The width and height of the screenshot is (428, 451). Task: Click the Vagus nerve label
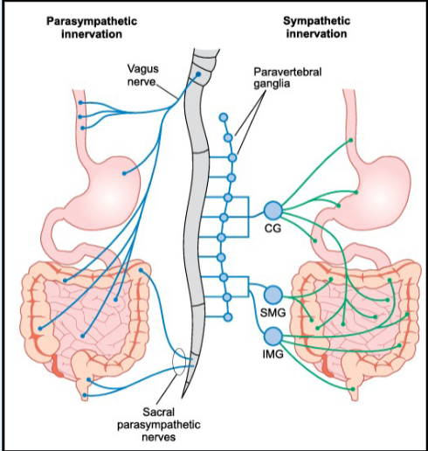143,75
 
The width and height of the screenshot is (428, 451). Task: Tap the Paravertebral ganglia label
287,78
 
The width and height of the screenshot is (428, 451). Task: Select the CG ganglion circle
273,211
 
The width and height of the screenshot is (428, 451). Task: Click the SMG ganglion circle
273,295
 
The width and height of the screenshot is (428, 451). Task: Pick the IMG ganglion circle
273,336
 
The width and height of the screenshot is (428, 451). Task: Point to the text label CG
273,228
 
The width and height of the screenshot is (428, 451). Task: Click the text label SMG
273,313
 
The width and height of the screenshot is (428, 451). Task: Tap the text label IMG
273,354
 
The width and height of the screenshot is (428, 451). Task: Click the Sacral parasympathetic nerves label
159,425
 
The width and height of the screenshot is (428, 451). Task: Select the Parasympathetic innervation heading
92,28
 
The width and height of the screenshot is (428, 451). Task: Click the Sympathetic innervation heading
316,27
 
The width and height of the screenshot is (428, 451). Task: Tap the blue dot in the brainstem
198,74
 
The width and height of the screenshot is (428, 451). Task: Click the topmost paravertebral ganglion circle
224,118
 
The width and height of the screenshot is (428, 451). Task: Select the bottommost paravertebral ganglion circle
228,317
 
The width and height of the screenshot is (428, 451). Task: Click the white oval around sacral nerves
178,362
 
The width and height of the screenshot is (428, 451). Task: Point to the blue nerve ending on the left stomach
124,173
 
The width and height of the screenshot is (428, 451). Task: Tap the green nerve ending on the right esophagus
351,140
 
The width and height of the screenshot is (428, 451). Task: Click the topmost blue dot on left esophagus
80,103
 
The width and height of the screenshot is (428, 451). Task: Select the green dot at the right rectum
353,389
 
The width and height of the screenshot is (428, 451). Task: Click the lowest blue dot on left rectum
85,395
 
